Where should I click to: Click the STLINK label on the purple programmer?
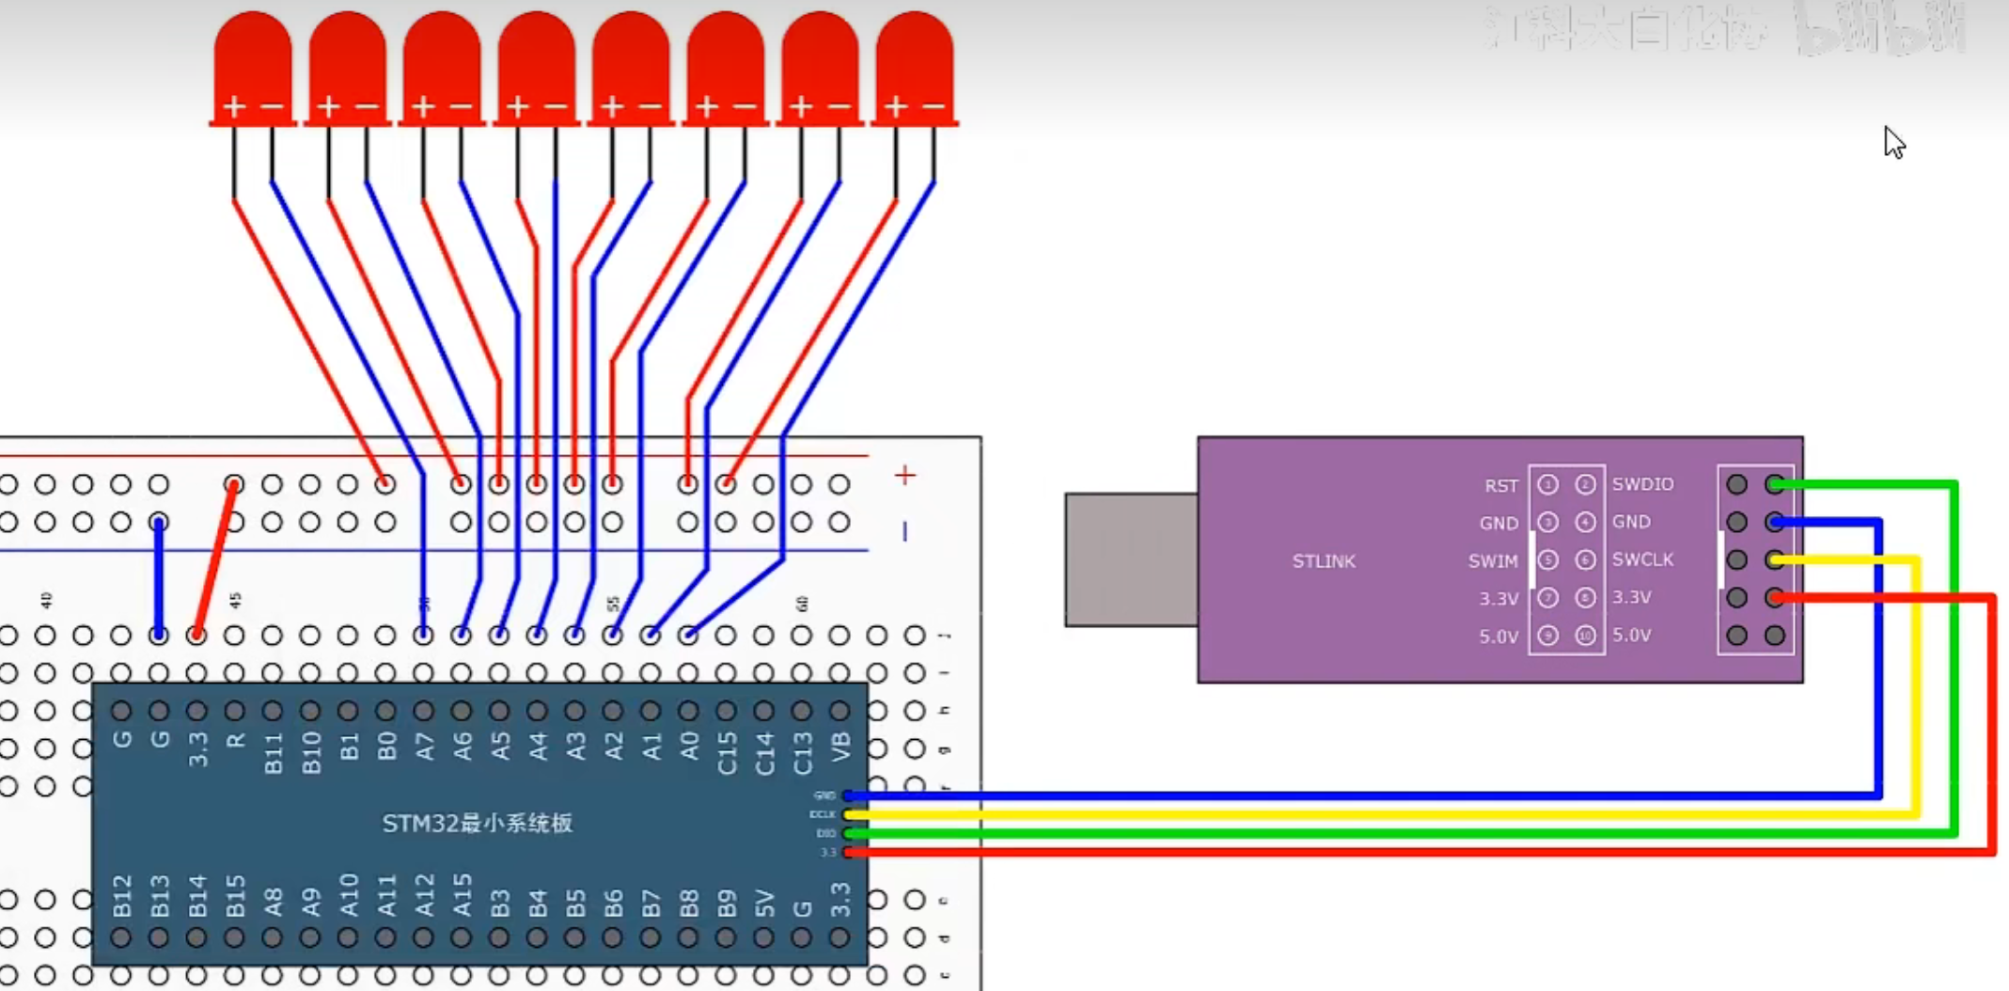coord(1323,561)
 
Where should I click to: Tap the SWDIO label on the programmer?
coord(1642,484)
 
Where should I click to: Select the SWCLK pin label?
coord(1642,559)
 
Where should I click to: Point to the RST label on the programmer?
coord(1500,485)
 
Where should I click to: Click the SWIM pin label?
coord(1492,561)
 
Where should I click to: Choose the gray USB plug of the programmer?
coord(1131,559)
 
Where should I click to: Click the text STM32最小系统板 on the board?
coord(477,824)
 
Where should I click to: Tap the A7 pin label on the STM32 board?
coord(425,747)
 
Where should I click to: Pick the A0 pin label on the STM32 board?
coord(689,747)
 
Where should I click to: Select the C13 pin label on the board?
coord(802,752)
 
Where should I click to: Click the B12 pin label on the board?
coord(122,895)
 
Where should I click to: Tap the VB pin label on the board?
coord(840,747)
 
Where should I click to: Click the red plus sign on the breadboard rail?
coord(904,475)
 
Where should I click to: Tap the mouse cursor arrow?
coord(1893,143)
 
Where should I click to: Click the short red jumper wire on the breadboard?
coord(215,559)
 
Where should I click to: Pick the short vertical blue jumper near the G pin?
coord(159,578)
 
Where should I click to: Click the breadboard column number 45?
coord(235,600)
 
